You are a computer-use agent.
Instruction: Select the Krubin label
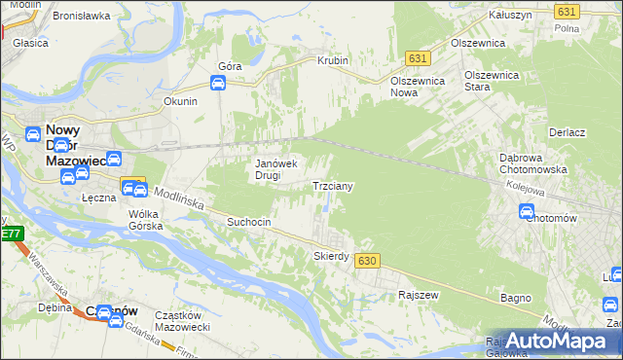click(x=333, y=60)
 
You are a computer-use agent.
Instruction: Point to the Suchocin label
click(x=248, y=222)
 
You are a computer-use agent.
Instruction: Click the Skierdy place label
click(x=331, y=256)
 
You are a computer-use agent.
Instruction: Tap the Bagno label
click(x=515, y=297)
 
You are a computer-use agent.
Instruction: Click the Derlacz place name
click(x=566, y=132)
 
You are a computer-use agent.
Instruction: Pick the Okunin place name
click(x=181, y=101)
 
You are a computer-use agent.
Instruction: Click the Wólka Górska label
click(x=145, y=220)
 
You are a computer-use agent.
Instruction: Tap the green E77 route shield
click(x=11, y=234)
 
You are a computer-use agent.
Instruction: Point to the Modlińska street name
click(x=177, y=198)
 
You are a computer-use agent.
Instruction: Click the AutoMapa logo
click(x=556, y=341)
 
